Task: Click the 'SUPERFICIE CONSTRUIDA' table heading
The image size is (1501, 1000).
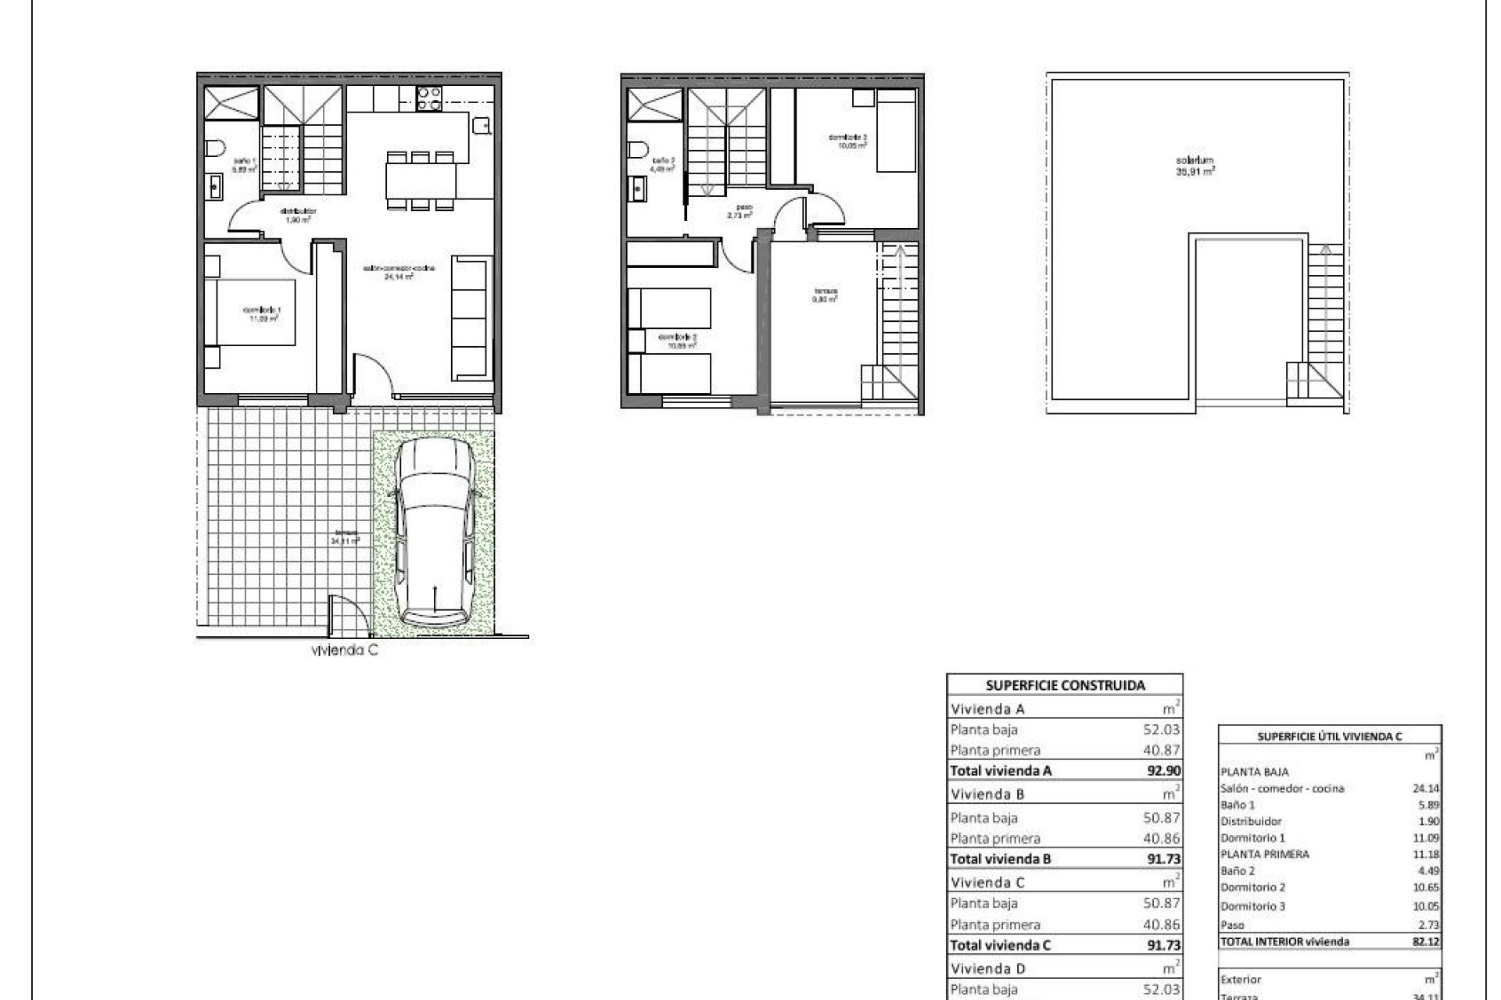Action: pyautogui.click(x=1065, y=685)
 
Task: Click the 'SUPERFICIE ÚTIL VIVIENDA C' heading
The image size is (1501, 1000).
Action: pyautogui.click(x=1329, y=736)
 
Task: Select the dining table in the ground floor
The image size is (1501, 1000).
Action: pyautogui.click(x=421, y=180)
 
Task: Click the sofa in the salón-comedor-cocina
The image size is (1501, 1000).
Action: pyautogui.click(x=471, y=319)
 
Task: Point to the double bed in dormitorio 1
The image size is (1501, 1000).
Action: pyautogui.click(x=252, y=312)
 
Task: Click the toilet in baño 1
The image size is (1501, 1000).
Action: pyautogui.click(x=217, y=148)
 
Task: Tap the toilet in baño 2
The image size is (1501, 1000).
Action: pyautogui.click(x=639, y=149)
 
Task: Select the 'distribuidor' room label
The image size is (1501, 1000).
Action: pyautogui.click(x=298, y=215)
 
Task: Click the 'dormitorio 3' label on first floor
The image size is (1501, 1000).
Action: pyautogui.click(x=847, y=141)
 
